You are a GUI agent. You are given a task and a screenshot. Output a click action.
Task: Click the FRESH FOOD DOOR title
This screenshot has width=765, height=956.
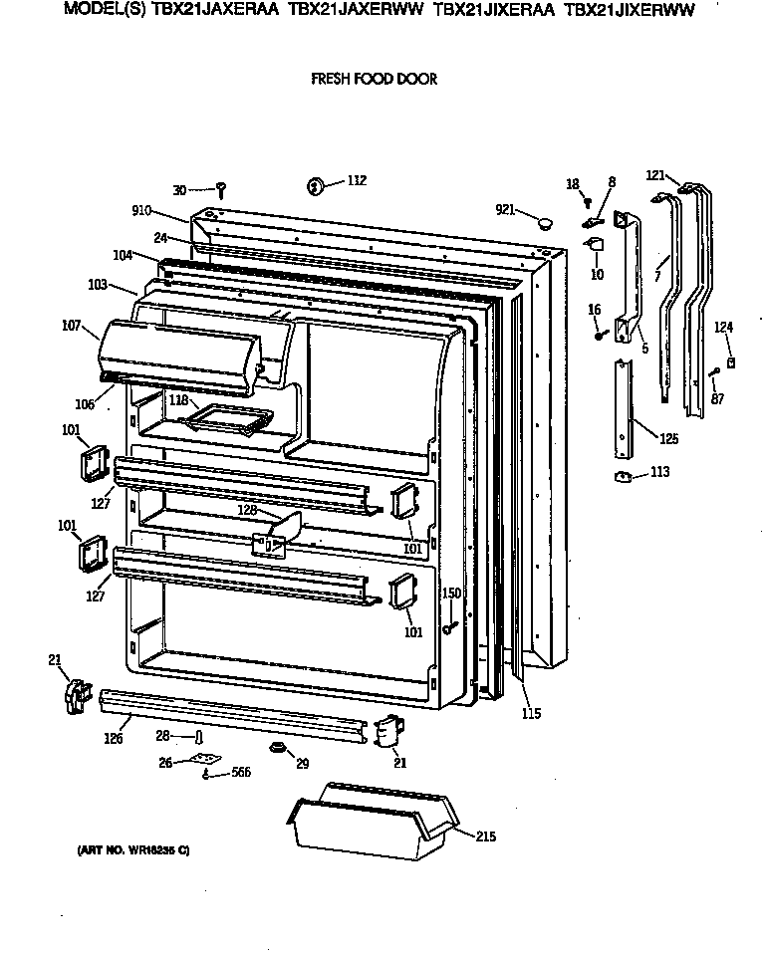coord(374,79)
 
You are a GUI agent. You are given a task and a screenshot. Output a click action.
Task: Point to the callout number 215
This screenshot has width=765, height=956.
coord(485,836)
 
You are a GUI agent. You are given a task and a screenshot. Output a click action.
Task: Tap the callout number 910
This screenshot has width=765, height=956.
coord(141,210)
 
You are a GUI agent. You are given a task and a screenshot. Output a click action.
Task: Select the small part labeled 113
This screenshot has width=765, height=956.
coord(626,477)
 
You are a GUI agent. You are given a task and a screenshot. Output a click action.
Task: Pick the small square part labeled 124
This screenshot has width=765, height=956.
coord(732,363)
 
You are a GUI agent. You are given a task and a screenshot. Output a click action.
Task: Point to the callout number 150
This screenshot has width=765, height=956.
coord(451,593)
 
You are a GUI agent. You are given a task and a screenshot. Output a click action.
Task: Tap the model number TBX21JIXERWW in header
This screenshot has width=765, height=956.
coord(629,11)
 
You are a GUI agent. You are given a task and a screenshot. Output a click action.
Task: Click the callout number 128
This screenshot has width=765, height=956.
coord(247,509)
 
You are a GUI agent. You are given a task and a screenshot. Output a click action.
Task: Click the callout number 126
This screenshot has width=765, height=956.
coord(114,738)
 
